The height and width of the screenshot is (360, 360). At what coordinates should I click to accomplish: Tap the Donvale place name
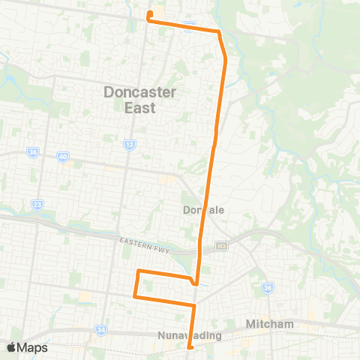(x=203, y=210)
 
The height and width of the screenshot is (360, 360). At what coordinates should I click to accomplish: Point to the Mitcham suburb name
(x=269, y=324)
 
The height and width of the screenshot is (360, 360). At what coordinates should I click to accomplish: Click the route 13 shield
(x=130, y=144)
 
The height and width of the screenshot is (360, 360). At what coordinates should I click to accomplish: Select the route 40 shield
(x=62, y=157)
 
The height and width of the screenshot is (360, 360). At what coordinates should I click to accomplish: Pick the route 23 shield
(x=37, y=202)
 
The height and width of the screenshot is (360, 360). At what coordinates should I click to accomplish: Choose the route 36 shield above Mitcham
(x=267, y=287)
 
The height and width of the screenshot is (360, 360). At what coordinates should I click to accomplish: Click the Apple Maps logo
(x=27, y=347)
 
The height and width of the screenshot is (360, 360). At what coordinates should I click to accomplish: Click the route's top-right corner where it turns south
(x=219, y=31)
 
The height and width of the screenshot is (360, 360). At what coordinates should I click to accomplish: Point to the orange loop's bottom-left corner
(x=135, y=296)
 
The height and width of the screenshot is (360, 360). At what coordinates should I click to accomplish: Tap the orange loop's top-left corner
(x=138, y=271)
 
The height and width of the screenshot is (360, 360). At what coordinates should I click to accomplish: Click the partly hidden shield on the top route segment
(x=190, y=26)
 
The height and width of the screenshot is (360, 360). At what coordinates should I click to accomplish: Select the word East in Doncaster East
(x=140, y=108)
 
